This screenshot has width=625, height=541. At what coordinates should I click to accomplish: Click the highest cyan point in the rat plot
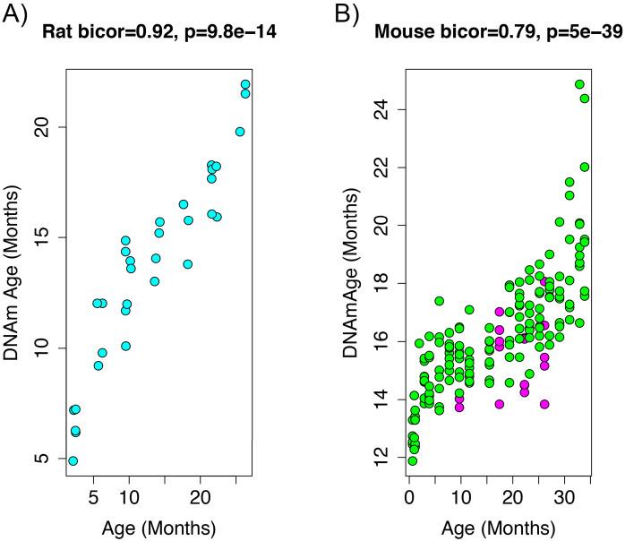[x=245, y=84]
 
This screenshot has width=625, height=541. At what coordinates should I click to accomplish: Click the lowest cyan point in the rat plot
[x=73, y=461]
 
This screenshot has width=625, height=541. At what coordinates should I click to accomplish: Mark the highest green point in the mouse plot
[x=579, y=84]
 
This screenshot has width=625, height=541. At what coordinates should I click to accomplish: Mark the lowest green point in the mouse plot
[x=412, y=461]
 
